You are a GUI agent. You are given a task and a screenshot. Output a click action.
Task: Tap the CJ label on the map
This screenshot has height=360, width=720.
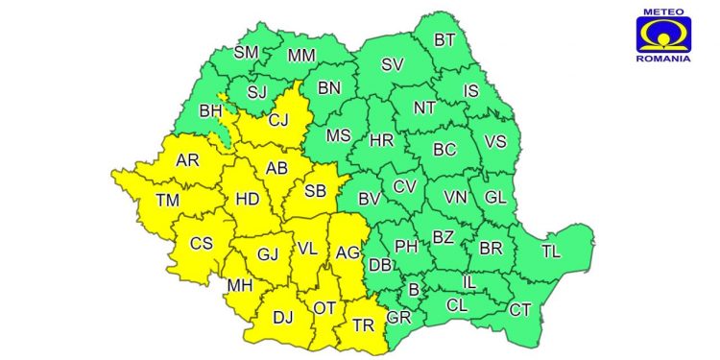pos(278,121)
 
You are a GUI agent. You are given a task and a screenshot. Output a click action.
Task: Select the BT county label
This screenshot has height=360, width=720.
pos(444,40)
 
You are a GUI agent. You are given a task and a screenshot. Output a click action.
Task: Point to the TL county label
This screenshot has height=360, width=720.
pos(550,252)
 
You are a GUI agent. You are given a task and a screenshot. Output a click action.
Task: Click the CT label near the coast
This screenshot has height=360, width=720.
pos(519,309)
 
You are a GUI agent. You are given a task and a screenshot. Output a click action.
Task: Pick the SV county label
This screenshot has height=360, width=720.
pos(392,65)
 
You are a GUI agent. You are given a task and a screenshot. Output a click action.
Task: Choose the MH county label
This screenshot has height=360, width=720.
pos(240,286)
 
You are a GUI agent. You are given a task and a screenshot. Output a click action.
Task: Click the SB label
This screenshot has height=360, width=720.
pos(315,190)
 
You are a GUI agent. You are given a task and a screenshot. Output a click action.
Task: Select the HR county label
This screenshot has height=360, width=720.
pos(381,140)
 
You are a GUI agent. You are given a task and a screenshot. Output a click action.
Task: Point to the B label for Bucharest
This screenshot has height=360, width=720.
pos(414,289)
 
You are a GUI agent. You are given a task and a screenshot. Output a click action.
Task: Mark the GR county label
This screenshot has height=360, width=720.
pos(398,317)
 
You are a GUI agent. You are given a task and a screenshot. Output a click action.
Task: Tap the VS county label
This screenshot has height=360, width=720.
pos(494,141)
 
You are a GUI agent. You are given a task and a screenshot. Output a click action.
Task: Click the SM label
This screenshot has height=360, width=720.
pos(247,52)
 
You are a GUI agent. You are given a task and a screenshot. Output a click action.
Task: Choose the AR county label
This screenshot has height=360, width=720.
pos(188,160)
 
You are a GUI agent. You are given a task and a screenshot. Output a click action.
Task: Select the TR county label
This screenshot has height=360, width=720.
pos(363,324)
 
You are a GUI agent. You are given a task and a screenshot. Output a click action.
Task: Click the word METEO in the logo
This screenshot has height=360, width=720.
pos(662,12)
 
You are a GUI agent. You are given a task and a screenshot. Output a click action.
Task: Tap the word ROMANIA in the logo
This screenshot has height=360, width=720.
pos(662,59)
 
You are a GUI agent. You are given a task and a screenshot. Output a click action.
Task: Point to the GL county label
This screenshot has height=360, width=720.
pos(494,197)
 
